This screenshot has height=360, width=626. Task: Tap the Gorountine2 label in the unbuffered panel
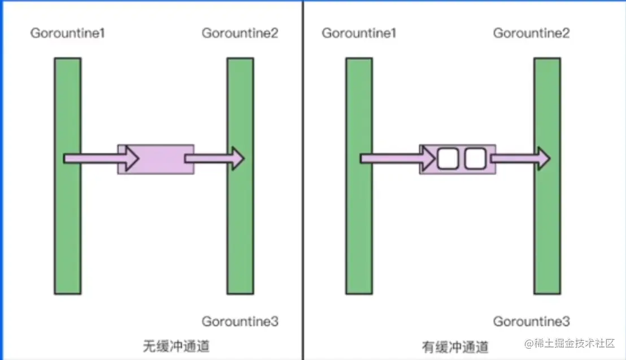click(240, 33)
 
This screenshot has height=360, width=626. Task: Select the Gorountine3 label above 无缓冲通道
click(240, 322)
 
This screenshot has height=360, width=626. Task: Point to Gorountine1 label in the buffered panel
click(359, 33)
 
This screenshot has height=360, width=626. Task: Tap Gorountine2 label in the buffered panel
click(531, 33)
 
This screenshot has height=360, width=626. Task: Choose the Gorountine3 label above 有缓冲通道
click(531, 322)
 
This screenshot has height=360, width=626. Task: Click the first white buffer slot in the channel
click(447, 159)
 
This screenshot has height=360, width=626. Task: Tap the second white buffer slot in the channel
click(475, 159)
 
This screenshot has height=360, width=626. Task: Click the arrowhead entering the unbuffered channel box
click(132, 159)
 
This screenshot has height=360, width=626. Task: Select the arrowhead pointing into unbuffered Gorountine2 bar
click(236, 159)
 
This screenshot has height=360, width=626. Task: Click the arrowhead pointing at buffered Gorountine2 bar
click(543, 159)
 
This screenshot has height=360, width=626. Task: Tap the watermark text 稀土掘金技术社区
click(573, 344)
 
